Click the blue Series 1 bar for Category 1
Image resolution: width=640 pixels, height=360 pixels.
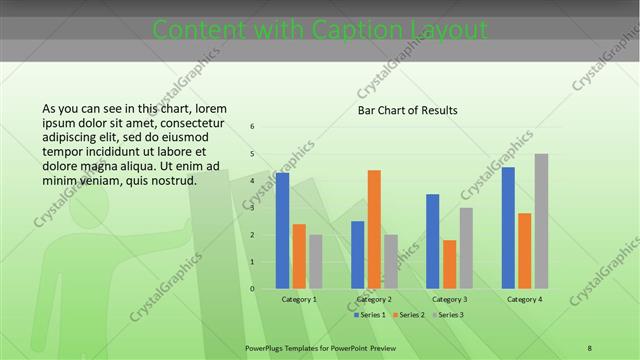[282, 230]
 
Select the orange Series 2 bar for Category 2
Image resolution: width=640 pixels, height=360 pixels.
[374, 229]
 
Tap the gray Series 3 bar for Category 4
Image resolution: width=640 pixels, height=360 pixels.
[541, 221]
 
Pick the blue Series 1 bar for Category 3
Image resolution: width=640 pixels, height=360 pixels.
[433, 241]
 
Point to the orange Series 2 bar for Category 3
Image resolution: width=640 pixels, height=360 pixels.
[449, 264]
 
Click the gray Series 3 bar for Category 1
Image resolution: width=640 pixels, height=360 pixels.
[315, 261]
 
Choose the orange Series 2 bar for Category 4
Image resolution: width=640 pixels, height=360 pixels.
[524, 250]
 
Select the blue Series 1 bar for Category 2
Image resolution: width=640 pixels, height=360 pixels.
[358, 254]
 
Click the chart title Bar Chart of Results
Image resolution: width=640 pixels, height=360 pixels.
[407, 110]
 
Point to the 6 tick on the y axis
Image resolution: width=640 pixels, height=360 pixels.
[252, 127]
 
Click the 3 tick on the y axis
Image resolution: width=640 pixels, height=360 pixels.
[252, 208]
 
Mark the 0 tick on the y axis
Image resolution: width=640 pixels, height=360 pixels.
[252, 289]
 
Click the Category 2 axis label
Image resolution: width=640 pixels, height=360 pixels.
[374, 299]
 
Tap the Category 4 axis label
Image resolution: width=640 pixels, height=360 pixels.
[524, 299]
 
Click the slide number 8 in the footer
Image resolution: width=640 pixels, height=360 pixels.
[590, 348]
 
